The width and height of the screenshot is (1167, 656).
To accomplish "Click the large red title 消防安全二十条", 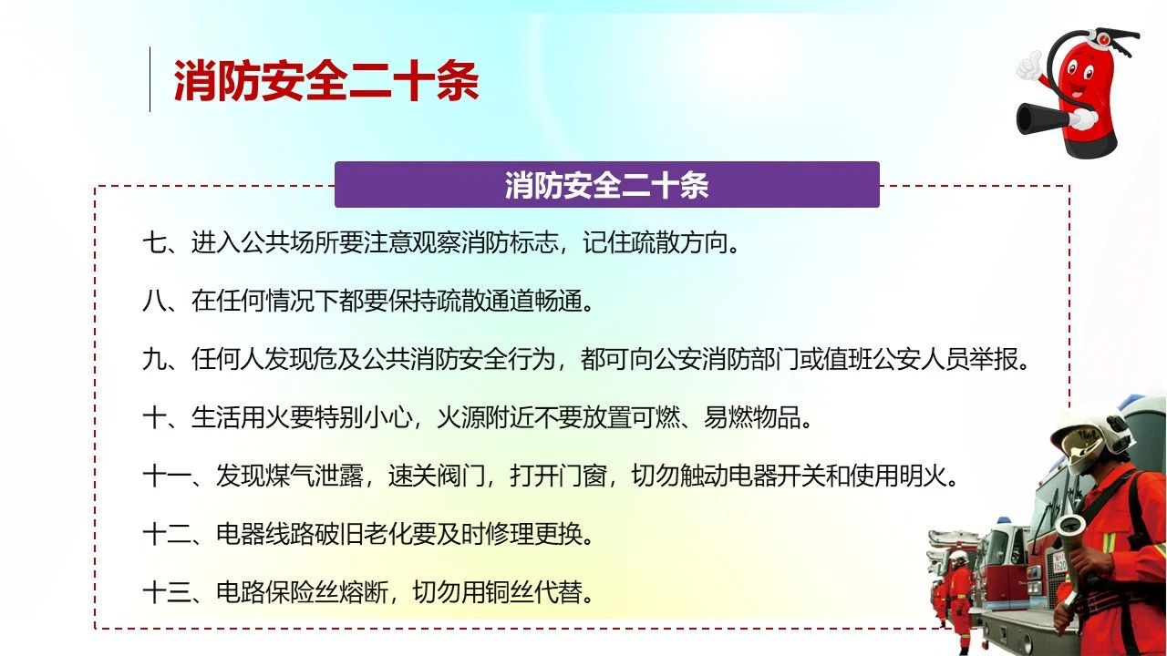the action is [x=326, y=80].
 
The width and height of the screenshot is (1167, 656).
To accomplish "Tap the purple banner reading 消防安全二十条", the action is [x=607, y=185].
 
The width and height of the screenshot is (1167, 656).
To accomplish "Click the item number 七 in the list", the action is [x=155, y=242].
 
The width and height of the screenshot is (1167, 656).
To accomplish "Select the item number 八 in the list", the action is [x=155, y=301].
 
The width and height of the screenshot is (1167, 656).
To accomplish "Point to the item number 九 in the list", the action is [x=155, y=359].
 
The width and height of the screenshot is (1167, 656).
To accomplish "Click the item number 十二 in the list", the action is [x=167, y=534].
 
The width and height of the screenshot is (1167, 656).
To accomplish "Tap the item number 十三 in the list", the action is [x=167, y=592].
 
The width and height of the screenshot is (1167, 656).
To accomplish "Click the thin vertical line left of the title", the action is [x=150, y=79].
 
